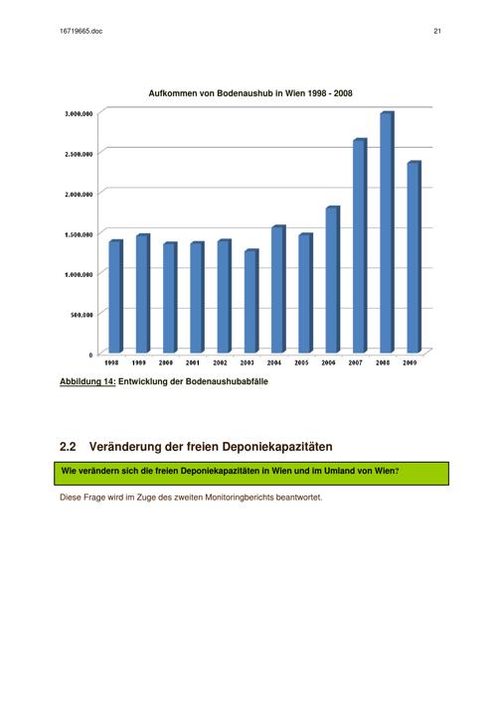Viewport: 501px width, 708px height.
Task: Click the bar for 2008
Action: click(387, 232)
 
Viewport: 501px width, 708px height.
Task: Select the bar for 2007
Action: click(360, 245)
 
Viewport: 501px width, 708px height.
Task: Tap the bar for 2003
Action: click(251, 301)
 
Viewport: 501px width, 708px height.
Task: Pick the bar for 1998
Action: click(115, 297)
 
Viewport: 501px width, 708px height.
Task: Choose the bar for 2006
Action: click(333, 279)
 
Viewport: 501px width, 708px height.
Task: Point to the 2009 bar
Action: click(415, 257)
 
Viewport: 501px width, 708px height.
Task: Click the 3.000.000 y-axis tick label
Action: click(79, 114)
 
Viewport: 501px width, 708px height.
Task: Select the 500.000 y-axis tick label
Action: click(82, 315)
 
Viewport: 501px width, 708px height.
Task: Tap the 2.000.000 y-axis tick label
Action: click(79, 195)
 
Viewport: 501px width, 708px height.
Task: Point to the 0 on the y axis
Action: click(90, 354)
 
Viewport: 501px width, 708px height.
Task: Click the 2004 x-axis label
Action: click(274, 362)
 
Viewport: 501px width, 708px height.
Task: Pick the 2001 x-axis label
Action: click(193, 362)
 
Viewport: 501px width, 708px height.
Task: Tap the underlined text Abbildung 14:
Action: click(87, 381)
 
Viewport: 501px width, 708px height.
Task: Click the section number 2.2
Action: click(68, 447)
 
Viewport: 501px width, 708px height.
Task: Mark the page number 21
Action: click(437, 31)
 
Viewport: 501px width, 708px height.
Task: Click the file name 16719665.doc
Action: click(81, 31)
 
